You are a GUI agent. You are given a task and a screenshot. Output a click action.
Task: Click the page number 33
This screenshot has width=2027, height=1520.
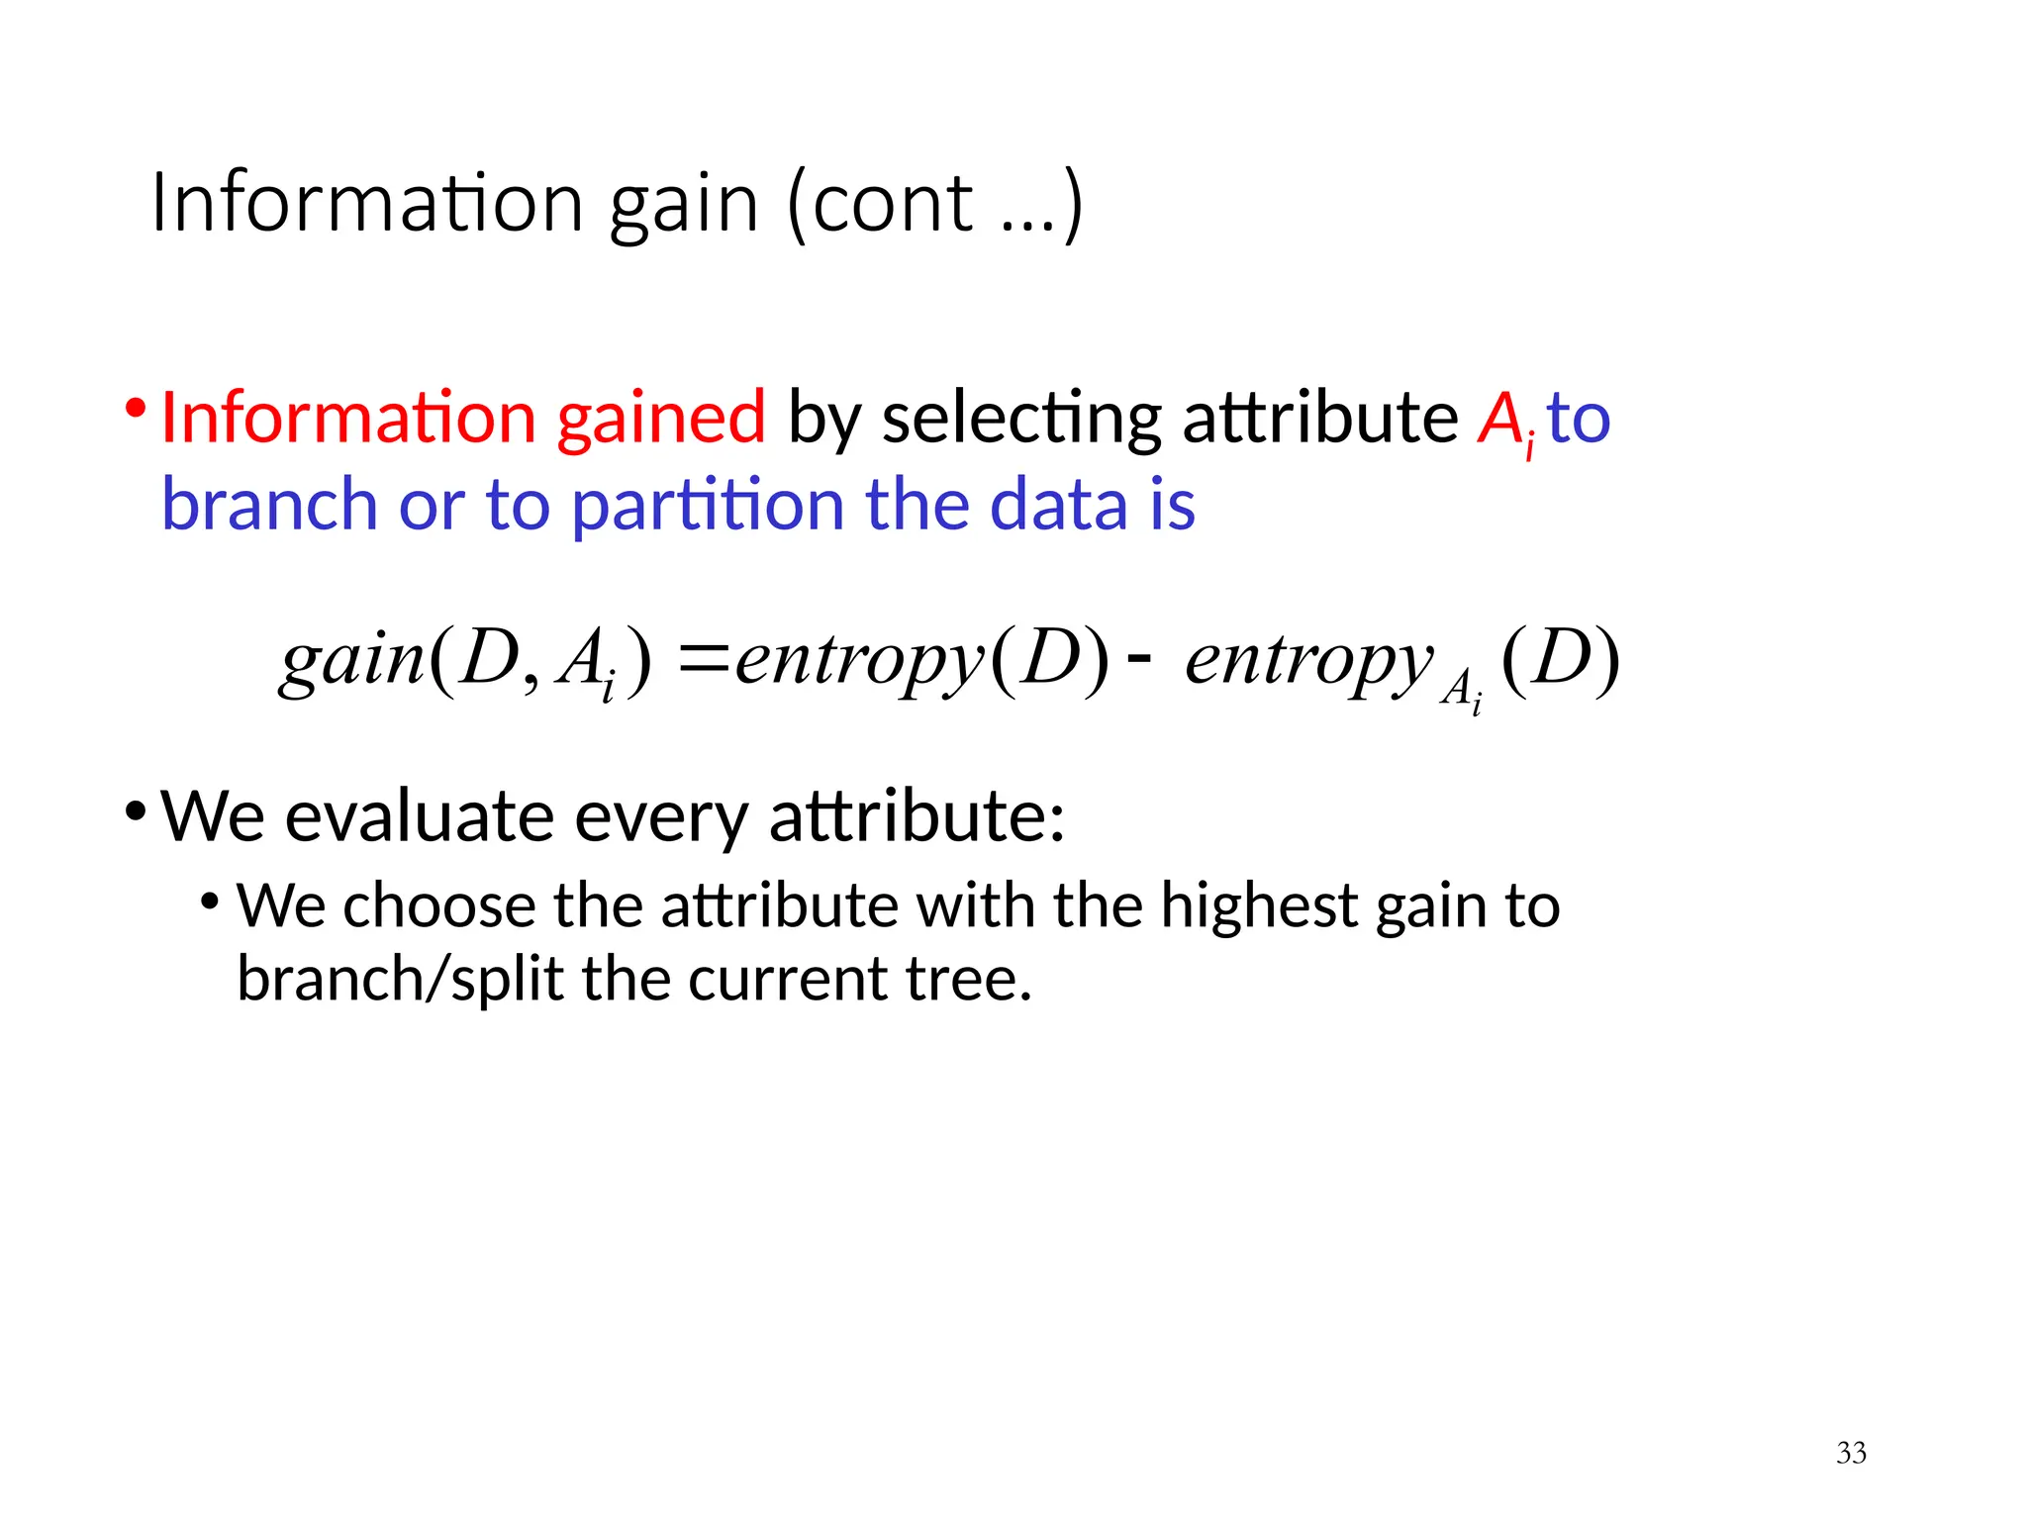point(1851,1453)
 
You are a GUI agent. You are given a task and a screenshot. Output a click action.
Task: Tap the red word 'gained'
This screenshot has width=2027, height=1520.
point(661,418)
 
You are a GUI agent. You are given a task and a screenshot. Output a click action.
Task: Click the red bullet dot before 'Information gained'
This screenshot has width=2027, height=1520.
point(136,408)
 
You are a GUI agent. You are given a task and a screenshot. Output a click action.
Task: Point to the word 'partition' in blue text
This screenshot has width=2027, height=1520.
point(707,504)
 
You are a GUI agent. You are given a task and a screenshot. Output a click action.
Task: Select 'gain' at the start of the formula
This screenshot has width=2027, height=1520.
point(352,660)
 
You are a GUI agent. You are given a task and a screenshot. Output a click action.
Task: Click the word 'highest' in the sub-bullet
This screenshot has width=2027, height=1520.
point(1258,905)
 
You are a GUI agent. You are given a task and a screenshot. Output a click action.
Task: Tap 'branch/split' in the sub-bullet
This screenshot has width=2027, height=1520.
point(400,980)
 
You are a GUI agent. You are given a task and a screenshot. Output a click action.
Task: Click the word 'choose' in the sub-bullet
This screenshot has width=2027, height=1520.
point(438,905)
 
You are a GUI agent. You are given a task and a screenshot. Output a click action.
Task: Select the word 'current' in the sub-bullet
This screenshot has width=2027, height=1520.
point(788,980)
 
